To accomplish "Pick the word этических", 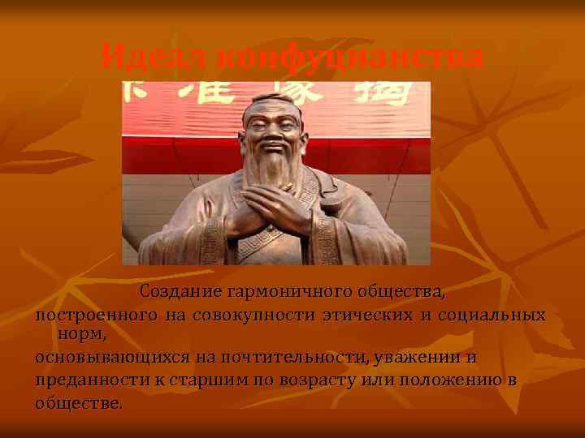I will (362, 315).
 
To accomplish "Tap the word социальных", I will (491, 315).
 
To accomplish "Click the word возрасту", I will (313, 380).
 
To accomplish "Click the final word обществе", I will (79, 402).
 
